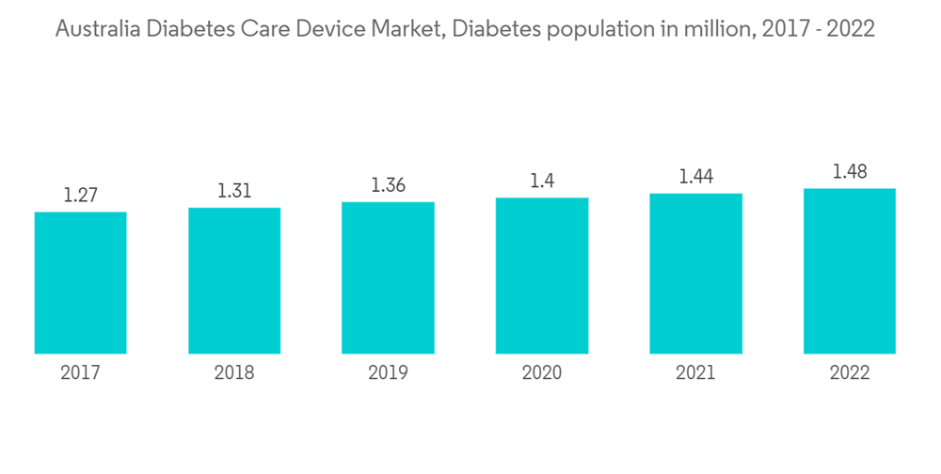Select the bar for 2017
(x=80, y=282)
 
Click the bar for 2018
(x=234, y=280)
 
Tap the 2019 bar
(x=388, y=277)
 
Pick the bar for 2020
(x=542, y=276)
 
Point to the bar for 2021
(x=695, y=274)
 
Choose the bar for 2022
(x=850, y=271)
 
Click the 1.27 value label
(x=80, y=196)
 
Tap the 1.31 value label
(x=234, y=191)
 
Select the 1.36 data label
(x=388, y=185)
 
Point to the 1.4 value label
(x=542, y=182)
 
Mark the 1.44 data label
(x=695, y=177)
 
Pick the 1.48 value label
(x=850, y=172)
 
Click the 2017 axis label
(x=80, y=373)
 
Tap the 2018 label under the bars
(x=234, y=373)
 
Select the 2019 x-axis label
(x=388, y=373)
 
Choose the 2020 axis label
(x=542, y=373)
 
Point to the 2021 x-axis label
(x=695, y=373)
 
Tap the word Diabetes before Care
(x=188, y=29)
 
